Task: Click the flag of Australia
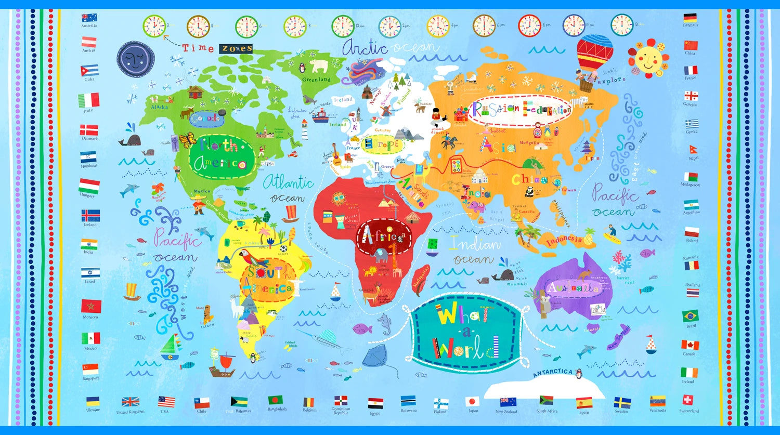pos(89,18)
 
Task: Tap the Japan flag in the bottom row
pos(472,401)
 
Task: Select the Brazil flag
pos(691,316)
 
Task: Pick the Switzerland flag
pos(688,400)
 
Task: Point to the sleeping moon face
pos(135,59)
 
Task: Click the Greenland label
pos(316,80)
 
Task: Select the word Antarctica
pos(552,372)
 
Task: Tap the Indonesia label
pos(564,240)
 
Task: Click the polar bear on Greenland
pos(319,66)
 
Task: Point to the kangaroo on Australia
pos(587,274)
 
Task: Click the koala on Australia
pos(545,304)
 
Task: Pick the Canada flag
pos(690,345)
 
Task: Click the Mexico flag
pos(90,338)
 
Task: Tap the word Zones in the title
pos(237,48)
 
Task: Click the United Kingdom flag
pos(130,402)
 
